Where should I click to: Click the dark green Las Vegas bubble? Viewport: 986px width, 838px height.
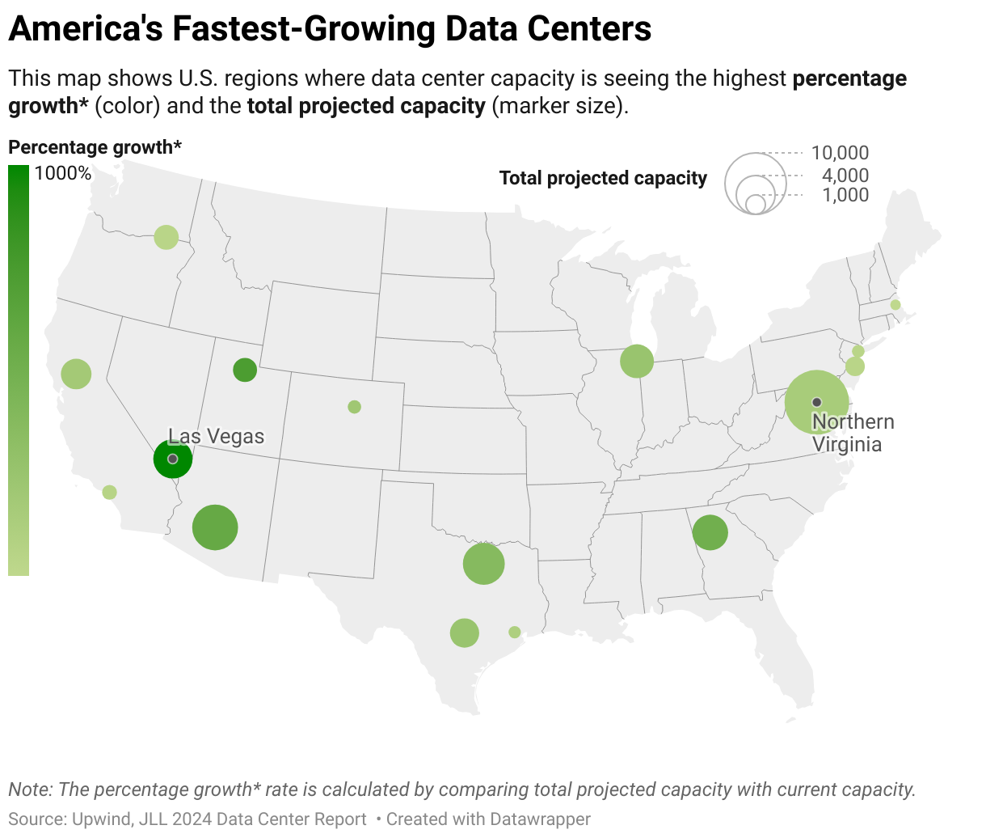pyautogui.click(x=173, y=459)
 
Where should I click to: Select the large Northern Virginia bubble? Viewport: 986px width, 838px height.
pyautogui.click(x=816, y=402)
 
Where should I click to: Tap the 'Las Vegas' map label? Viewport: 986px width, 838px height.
pyautogui.click(x=216, y=437)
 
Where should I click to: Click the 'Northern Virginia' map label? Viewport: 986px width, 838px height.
pyautogui.click(x=853, y=433)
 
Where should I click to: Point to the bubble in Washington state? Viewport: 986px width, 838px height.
pyautogui.click(x=166, y=237)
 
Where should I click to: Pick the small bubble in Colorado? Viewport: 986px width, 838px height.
pyautogui.click(x=354, y=407)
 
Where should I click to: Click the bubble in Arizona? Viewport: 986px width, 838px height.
pyautogui.click(x=215, y=527)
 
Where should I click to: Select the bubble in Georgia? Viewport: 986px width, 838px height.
pyautogui.click(x=710, y=532)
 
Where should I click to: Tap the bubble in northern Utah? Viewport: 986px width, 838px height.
pyautogui.click(x=245, y=370)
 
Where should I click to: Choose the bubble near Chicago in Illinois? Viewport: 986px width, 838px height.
pyautogui.click(x=637, y=361)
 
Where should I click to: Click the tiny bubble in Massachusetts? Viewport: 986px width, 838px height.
pyautogui.click(x=895, y=305)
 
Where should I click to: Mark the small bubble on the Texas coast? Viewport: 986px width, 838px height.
pyautogui.click(x=515, y=632)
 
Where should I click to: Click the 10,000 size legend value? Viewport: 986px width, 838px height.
pyautogui.click(x=840, y=153)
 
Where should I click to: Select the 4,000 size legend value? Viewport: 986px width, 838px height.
pyautogui.click(x=845, y=176)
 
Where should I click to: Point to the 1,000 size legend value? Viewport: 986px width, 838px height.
pyautogui.click(x=845, y=195)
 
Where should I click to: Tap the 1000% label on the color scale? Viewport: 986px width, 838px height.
pyautogui.click(x=63, y=173)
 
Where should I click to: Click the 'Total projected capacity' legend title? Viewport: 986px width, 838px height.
pyautogui.click(x=603, y=178)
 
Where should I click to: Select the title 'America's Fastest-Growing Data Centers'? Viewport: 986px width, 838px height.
pyautogui.click(x=330, y=29)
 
